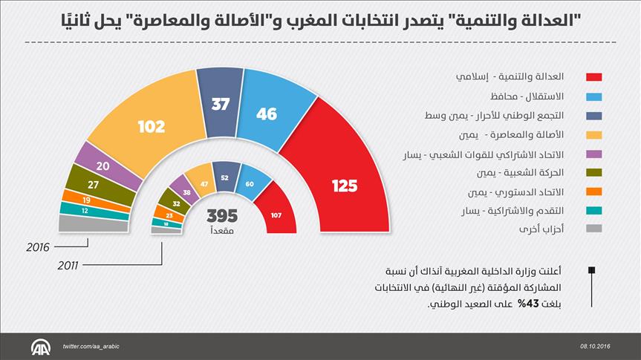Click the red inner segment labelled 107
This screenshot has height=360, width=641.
point(276,215)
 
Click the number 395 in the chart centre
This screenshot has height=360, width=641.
point(221,216)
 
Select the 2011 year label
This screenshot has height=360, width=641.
point(69,264)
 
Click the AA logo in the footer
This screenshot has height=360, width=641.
point(39,347)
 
